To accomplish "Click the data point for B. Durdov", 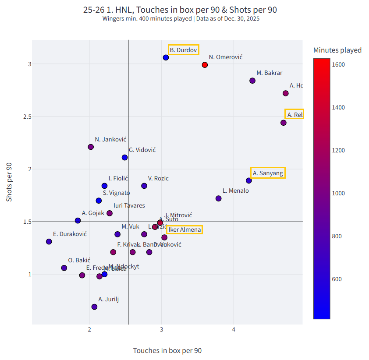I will coord(166,57).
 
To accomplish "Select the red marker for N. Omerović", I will coord(205,65).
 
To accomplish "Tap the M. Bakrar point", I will coord(252,81).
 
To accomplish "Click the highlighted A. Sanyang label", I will coord(268,173).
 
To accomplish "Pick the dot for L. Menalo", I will coord(219,198).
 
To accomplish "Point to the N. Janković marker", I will coord(91,147).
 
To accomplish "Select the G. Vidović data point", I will coord(125,157).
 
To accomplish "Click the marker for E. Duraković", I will coord(49,241).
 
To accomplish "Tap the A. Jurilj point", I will coord(94,307).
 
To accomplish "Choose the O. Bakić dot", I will coord(64,268).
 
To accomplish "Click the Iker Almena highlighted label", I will coord(184,229).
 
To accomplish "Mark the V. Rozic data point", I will coord(144,186).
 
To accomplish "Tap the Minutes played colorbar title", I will coord(337,50).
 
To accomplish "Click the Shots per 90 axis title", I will coord(9,182).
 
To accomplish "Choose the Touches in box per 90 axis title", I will coord(167,350).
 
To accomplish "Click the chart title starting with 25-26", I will coord(180,10).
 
